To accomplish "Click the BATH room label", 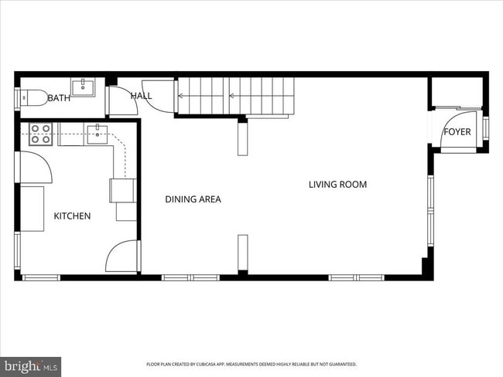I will pos(59,98).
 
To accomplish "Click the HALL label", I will pos(142,96).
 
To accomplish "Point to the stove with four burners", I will pos(40,134).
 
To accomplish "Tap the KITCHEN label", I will pos(72,216).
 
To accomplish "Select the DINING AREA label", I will pos(193,199).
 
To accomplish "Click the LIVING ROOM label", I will pos(337,185).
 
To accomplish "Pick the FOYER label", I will pos(457,132).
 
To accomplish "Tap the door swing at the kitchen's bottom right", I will pos(122,258).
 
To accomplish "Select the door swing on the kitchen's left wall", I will pos(33,166).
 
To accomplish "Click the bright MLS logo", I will pos(31,365).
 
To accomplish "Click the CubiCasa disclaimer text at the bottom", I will pos(251,364).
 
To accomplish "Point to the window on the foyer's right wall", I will pos(486,128).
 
